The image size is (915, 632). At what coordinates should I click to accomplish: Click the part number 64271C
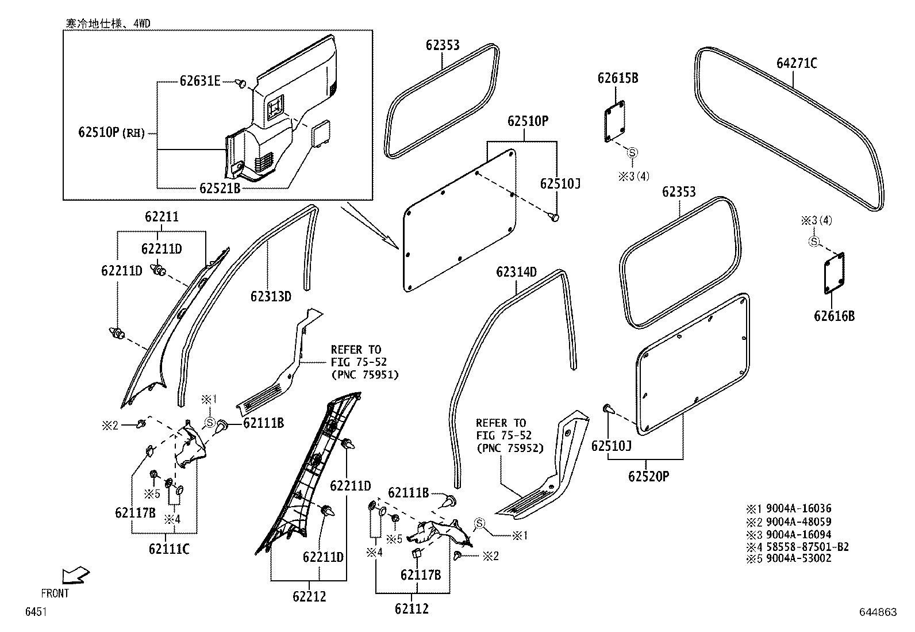[x=797, y=63]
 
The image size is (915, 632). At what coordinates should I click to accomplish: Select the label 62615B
[x=618, y=78]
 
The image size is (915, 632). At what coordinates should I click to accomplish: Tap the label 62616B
[x=834, y=316]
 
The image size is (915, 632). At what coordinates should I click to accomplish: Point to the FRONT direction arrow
[x=75, y=574]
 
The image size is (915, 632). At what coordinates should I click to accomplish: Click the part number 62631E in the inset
[x=199, y=81]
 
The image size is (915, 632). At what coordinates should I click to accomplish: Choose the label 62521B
[x=220, y=188]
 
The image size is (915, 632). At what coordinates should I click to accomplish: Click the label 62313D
[x=271, y=297]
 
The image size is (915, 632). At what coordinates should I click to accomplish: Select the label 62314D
[x=517, y=272]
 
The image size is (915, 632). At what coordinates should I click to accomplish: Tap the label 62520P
[x=648, y=476]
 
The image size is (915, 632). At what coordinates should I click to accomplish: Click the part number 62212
[x=309, y=596]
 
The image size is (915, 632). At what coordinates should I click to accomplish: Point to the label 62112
[x=412, y=608]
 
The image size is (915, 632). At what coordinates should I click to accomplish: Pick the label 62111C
[x=169, y=549]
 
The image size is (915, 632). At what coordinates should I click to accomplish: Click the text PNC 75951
[x=364, y=374]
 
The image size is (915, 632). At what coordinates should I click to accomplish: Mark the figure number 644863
[x=878, y=612]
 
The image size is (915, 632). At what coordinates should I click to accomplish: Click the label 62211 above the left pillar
[x=162, y=217]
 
